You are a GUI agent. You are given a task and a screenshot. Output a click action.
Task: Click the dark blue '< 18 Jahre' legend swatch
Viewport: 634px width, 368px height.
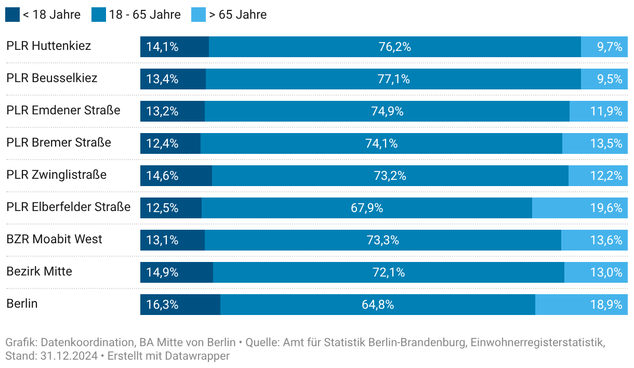12,15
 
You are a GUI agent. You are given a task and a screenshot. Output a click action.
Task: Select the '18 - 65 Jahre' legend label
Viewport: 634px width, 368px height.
144,15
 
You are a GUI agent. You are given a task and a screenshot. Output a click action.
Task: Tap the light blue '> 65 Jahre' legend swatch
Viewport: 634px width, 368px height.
199,15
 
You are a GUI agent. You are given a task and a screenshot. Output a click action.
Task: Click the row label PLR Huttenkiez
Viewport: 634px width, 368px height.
48,46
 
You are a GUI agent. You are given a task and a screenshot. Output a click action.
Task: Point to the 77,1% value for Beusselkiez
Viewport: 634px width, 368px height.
393,79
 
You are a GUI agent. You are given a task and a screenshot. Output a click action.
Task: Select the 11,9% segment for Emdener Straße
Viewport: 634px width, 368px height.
599,111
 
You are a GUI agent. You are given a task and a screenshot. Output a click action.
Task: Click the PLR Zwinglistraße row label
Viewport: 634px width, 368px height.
56,175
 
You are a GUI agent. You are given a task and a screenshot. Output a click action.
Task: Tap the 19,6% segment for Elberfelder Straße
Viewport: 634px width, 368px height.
580,208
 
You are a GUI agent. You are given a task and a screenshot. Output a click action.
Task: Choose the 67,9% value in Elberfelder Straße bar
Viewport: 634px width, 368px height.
367,208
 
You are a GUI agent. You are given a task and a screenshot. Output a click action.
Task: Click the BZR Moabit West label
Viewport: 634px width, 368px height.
54,239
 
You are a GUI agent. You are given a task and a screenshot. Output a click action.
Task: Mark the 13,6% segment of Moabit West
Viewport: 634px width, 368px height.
595,240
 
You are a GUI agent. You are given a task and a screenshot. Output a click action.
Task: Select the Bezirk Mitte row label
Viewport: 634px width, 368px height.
39,271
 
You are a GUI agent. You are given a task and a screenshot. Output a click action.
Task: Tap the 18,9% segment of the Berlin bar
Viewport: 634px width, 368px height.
582,305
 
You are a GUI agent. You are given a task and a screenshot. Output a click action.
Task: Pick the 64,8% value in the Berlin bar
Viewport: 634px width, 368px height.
378,305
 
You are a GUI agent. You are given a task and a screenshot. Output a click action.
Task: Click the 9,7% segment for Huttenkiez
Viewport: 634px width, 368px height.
604,47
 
